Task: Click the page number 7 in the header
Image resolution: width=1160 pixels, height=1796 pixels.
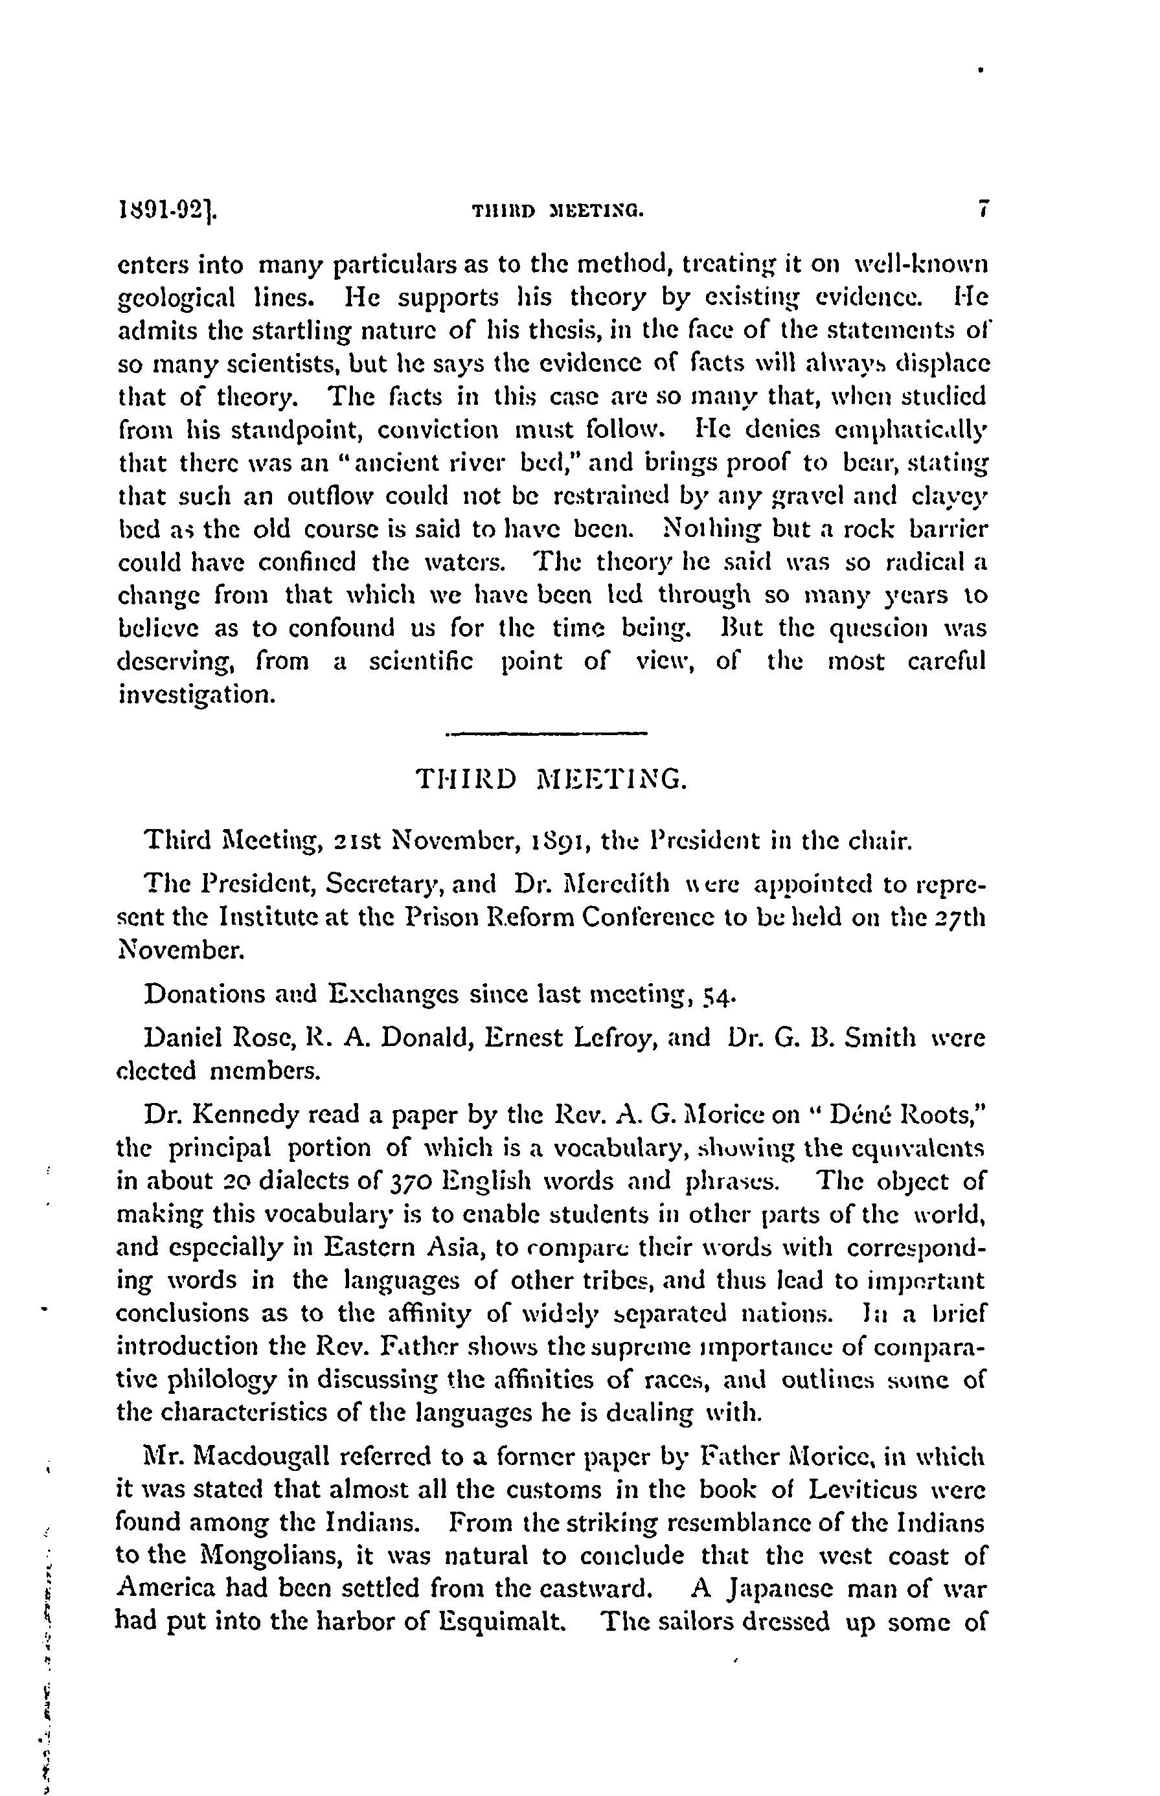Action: point(981,209)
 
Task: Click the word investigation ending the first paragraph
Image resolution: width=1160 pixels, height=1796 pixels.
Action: point(195,694)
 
